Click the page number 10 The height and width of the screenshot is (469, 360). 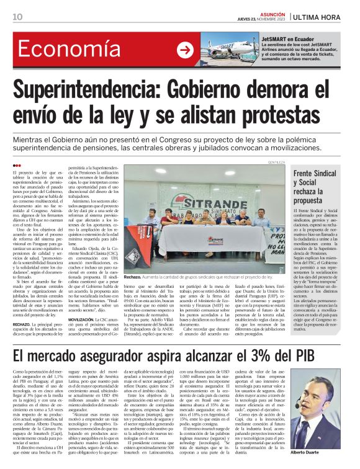pos(17,16)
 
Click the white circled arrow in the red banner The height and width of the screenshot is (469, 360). pos(184,50)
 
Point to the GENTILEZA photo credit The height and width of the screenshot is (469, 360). pos(276,163)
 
